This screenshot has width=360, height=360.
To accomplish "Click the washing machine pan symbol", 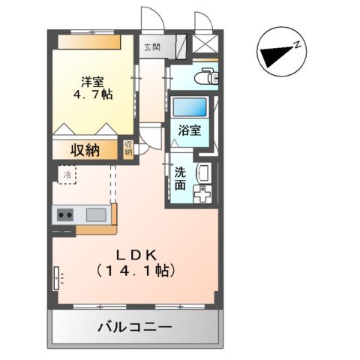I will [x=203, y=197].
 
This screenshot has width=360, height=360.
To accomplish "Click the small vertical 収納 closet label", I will [x=128, y=148].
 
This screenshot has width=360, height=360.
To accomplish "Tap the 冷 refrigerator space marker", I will [x=67, y=175].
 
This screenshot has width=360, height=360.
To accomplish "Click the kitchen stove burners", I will [x=64, y=215].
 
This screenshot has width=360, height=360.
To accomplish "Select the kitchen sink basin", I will [x=95, y=215].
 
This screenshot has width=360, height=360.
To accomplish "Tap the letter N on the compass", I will [x=297, y=46].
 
